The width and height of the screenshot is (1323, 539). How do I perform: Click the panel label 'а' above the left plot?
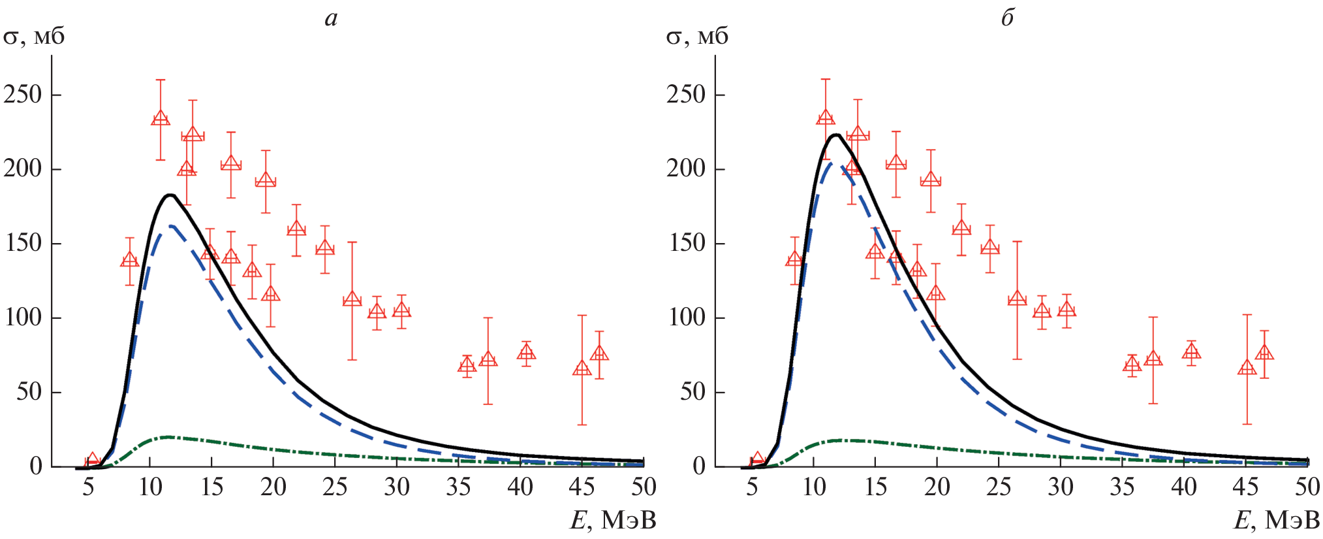point(331,18)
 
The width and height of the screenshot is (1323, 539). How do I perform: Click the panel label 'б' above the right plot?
point(1007,18)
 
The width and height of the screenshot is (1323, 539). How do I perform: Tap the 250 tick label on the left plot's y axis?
point(23,95)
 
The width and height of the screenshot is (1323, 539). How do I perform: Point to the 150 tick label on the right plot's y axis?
point(687,244)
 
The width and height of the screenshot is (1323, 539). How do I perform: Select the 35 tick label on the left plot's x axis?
point(458,487)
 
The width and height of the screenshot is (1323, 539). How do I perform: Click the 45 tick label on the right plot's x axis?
point(1245,487)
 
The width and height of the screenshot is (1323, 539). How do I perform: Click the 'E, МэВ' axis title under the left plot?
point(613,521)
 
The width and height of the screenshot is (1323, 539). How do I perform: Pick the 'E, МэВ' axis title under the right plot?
point(1276,521)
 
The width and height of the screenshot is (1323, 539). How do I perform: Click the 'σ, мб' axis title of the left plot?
point(34,37)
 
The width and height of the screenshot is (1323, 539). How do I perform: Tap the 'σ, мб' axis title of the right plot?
point(697,37)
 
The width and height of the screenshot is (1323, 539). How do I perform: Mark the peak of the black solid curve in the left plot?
point(170,195)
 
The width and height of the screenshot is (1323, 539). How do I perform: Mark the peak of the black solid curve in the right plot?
point(835,135)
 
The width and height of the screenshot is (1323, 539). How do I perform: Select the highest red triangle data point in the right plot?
point(826,118)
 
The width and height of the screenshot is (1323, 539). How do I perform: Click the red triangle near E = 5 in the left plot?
point(93,459)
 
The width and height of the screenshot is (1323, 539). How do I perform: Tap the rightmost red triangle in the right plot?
point(1264,353)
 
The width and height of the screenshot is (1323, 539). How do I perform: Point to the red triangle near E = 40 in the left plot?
point(526,353)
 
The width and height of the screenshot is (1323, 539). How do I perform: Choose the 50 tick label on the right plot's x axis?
point(1307,487)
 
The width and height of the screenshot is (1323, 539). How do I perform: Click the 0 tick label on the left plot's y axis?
point(36,466)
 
